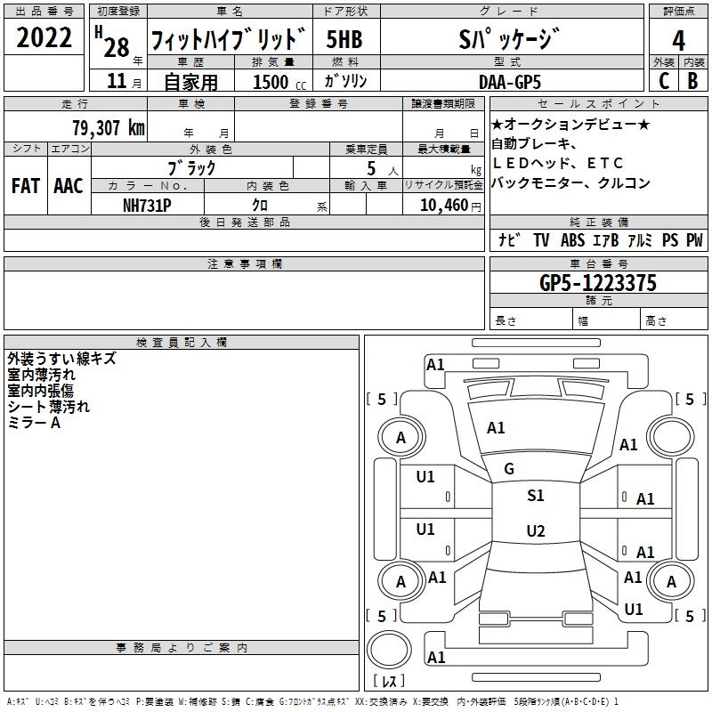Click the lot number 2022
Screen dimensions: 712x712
tap(44, 38)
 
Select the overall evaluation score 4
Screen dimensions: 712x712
tap(678, 40)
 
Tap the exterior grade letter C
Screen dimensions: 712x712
tap(663, 80)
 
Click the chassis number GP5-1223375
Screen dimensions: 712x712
tap(598, 283)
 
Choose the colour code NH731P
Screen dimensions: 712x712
tap(147, 205)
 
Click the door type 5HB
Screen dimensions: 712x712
tap(344, 40)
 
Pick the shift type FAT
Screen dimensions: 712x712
tap(25, 186)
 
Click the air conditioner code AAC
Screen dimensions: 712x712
tap(68, 186)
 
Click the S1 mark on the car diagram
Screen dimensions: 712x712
tap(535, 496)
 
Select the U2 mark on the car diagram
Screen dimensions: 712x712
tap(535, 531)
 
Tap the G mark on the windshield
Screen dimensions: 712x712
tap(509, 468)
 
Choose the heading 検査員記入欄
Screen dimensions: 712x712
tap(182, 342)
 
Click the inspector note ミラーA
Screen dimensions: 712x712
tap(34, 424)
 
